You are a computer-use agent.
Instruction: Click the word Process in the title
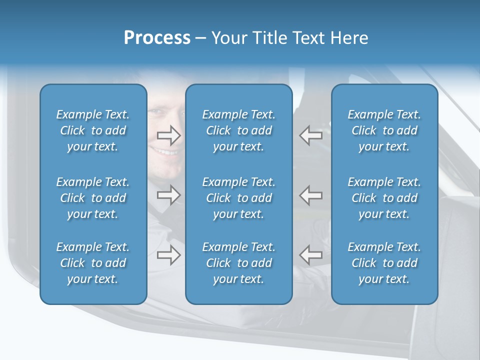[x=157, y=38]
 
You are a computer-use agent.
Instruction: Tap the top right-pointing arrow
[x=168, y=135]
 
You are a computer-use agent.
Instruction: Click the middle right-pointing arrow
[x=168, y=195]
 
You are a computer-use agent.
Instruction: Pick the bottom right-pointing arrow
[x=168, y=254]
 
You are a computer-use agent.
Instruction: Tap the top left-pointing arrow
[x=311, y=135]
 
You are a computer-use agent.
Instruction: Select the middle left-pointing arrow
[x=311, y=195]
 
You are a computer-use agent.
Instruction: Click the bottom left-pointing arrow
[x=311, y=254]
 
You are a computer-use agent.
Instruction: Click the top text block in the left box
[x=93, y=130]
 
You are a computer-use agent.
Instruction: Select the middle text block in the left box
[x=93, y=198]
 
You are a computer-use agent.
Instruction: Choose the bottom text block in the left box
[x=93, y=263]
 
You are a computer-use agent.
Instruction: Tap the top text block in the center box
[x=238, y=130]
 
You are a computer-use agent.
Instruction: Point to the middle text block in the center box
[x=238, y=198]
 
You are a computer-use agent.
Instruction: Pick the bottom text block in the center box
[x=238, y=263]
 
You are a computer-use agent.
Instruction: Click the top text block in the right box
[x=384, y=130]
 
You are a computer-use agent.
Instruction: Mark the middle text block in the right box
[x=384, y=198]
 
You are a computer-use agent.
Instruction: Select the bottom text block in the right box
[x=384, y=263]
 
